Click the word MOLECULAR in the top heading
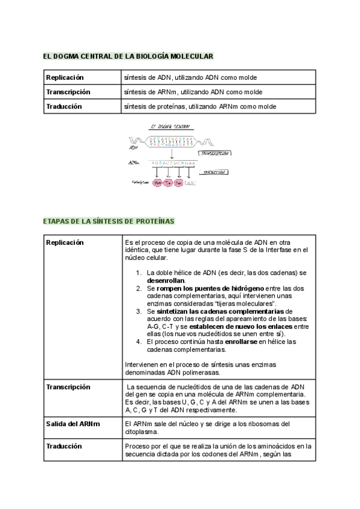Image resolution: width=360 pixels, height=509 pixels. click(x=192, y=56)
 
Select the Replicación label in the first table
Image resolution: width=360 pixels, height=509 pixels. click(x=65, y=77)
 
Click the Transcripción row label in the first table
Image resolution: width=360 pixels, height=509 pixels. click(x=68, y=92)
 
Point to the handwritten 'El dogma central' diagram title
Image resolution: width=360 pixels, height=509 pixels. click(x=169, y=127)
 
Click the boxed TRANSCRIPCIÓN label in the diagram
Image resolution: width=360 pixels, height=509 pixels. click(x=214, y=153)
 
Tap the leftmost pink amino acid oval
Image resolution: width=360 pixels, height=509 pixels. click(x=158, y=182)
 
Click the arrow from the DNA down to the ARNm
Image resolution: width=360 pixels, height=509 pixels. click(x=172, y=154)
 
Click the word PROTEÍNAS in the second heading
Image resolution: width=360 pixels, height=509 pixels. click(x=154, y=221)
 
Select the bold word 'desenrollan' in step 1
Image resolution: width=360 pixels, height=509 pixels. click(x=166, y=280)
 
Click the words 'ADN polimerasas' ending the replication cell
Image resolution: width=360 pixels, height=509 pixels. click(x=181, y=372)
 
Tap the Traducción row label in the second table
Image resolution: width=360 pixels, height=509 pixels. click(x=64, y=446)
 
